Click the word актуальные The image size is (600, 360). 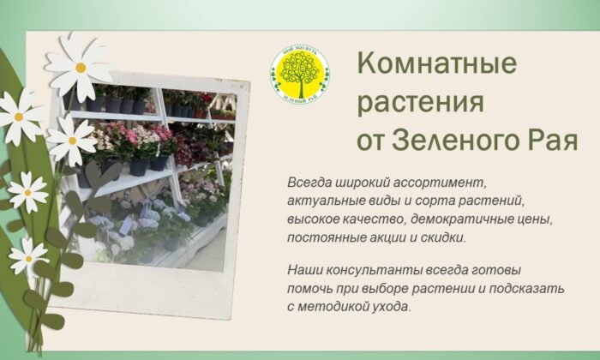click(327, 201)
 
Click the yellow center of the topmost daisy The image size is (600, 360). click(80, 67)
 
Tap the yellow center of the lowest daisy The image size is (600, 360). click(27, 258)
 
